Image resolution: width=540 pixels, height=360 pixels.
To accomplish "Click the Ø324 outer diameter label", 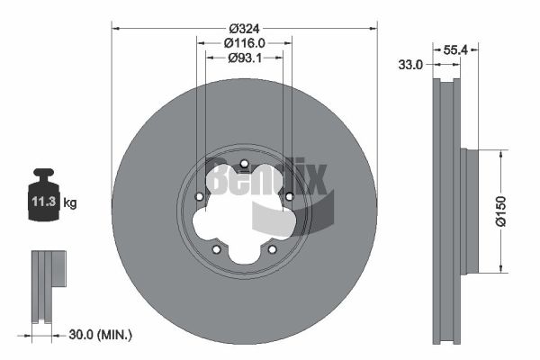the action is tap(244, 28).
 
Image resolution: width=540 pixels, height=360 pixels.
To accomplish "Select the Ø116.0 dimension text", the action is tap(244, 43).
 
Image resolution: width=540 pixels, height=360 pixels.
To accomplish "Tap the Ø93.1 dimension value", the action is tap(245, 58).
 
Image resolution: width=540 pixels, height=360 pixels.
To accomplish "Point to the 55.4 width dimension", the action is tap(454, 50).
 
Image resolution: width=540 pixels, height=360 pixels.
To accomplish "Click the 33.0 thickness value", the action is tap(410, 65).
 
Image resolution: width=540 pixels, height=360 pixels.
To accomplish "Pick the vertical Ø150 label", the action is tap(500, 211).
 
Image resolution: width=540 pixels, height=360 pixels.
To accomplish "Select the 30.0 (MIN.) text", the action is tap(100, 334).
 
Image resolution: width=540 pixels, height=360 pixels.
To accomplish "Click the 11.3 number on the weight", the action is tap(44, 202).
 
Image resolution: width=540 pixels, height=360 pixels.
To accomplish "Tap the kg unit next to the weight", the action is tap(70, 202).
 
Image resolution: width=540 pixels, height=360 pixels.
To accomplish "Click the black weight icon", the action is tap(44, 194).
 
